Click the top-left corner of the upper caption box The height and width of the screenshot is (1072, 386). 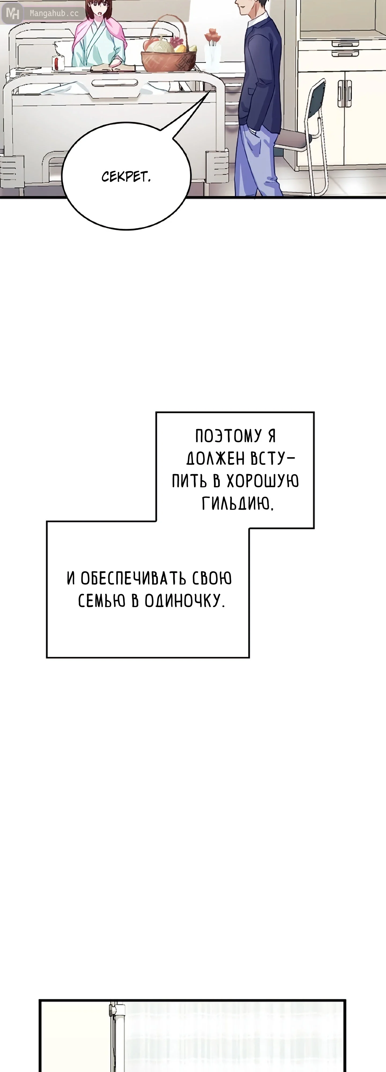(156, 412)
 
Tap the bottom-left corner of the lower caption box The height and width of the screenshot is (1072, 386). (47, 657)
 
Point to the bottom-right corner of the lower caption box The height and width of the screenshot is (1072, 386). (249, 657)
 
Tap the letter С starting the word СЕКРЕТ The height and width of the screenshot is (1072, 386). (105, 177)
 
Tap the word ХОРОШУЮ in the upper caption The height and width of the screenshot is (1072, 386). (262, 481)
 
